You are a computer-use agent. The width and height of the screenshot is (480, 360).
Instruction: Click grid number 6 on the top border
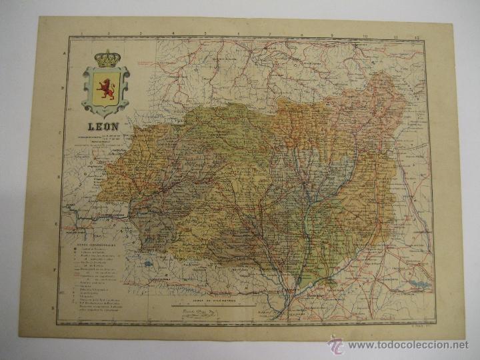tap(237, 33)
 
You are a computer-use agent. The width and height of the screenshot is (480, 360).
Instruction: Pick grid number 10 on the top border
tap(365, 32)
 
